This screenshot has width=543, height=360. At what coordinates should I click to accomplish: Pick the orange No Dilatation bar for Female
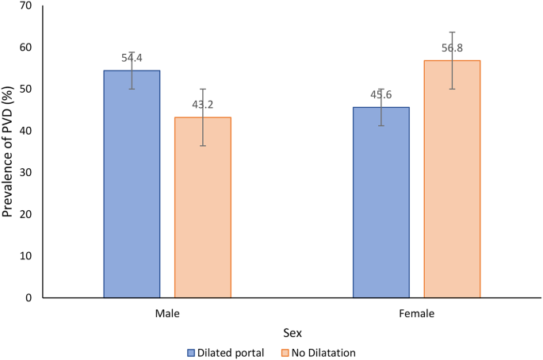tap(452, 179)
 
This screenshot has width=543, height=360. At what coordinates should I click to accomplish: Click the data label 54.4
tap(132, 57)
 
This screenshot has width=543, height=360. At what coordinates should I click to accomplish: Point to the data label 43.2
tap(203, 104)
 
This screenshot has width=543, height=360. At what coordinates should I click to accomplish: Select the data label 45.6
tap(381, 94)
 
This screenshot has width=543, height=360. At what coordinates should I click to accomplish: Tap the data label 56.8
tap(453, 48)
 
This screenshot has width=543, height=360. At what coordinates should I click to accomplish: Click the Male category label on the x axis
tap(167, 313)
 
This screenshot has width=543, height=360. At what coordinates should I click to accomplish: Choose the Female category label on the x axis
tap(416, 313)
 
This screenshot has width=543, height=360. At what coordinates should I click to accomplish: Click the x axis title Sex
tap(292, 333)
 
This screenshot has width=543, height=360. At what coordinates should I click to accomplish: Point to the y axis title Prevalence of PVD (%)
tap(10, 151)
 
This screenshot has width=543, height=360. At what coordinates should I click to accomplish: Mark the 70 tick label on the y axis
tap(25, 6)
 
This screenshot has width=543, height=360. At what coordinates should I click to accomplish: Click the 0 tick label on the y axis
tap(29, 298)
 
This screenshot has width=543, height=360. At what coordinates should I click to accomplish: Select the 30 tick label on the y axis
tap(25, 173)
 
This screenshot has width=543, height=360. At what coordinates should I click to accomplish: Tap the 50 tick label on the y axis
tap(25, 90)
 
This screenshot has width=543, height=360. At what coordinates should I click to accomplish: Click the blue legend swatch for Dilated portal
tap(191, 352)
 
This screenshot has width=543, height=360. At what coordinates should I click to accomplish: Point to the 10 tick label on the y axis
tap(25, 256)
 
